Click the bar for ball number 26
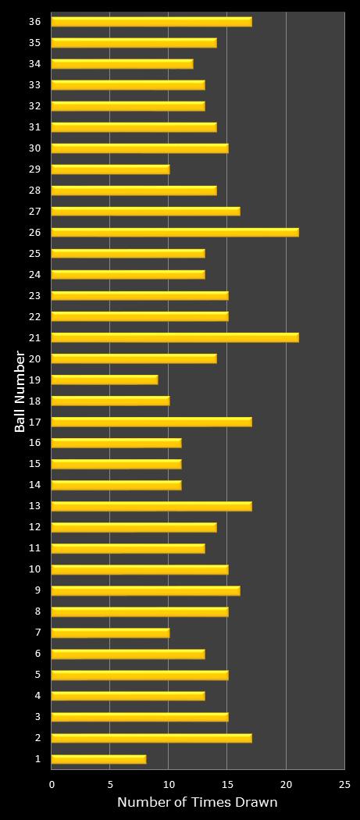tap(175, 232)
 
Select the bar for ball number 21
tap(175, 337)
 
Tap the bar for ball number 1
tap(98, 759)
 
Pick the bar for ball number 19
tap(105, 380)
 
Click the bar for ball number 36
tap(151, 22)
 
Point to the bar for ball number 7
tap(110, 633)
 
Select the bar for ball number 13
tap(151, 506)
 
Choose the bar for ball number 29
tap(110, 169)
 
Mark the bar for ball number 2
tap(151, 738)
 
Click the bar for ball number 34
tap(122, 64)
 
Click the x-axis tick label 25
tap(344, 784)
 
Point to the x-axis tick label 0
tap(52, 784)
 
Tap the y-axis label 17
tap(35, 422)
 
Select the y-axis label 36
tap(35, 22)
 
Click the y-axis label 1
tap(38, 759)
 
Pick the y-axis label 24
tap(35, 274)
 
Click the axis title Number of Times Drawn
tap(198, 802)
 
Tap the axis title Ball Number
tap(20, 392)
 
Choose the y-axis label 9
tap(38, 590)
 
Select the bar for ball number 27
tap(145, 211)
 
